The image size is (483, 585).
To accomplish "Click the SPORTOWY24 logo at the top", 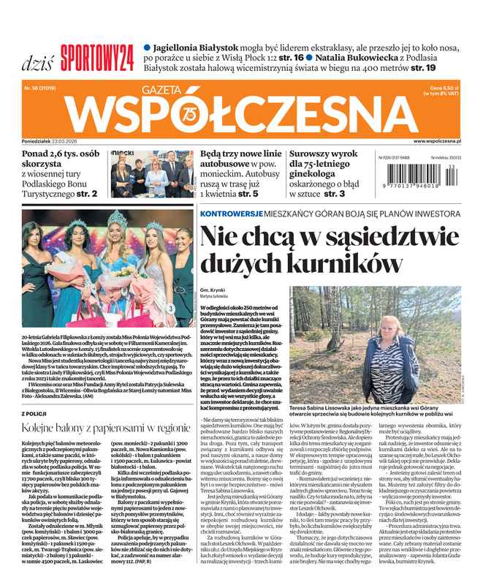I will (96, 53).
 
